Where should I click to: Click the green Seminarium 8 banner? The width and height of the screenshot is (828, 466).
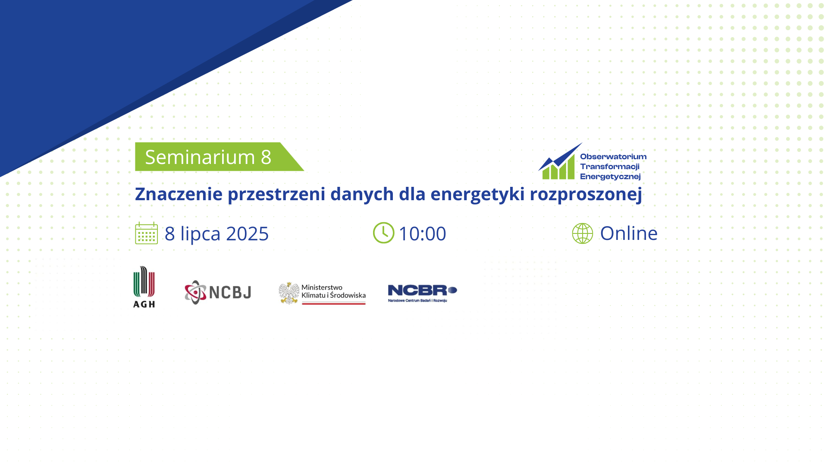(x=219, y=157)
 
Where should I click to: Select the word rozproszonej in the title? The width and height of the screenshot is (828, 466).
(x=586, y=195)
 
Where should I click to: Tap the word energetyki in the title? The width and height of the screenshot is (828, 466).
(x=478, y=195)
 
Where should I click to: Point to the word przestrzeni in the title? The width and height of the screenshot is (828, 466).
(x=276, y=195)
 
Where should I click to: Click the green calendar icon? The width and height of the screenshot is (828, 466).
(x=147, y=233)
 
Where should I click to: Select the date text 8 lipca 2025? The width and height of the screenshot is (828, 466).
(x=216, y=234)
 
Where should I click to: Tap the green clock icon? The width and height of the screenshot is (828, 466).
(x=383, y=233)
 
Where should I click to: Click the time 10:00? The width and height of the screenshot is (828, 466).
(x=422, y=234)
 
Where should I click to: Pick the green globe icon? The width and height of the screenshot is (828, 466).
(x=583, y=233)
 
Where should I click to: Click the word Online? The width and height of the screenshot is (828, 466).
(x=629, y=233)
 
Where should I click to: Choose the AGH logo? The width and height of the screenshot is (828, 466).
(x=144, y=287)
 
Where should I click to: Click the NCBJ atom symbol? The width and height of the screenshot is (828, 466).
(x=196, y=293)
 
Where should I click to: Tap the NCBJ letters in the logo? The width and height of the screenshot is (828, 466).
(x=230, y=293)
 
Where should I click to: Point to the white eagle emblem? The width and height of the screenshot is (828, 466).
(x=289, y=293)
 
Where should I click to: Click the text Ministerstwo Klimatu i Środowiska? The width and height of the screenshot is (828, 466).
(x=333, y=291)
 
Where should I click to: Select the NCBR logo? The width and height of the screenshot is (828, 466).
(x=422, y=293)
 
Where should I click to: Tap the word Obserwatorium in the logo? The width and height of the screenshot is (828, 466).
(x=613, y=157)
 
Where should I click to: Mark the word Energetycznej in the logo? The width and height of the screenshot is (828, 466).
(x=610, y=176)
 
